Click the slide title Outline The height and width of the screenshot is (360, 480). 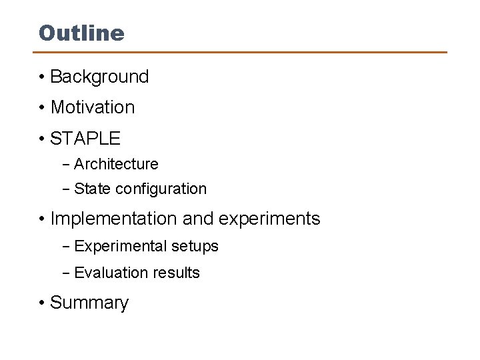[81, 33]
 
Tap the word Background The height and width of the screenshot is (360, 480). [99, 77]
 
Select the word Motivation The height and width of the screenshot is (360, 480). [93, 107]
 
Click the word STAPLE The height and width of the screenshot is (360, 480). [85, 139]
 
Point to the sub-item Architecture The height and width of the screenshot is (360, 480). [116, 164]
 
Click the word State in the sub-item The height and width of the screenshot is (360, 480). [93, 189]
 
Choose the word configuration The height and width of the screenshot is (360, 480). [161, 189]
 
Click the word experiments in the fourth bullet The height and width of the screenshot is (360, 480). [269, 219]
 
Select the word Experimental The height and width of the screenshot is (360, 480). [121, 247]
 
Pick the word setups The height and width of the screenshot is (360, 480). [195, 247]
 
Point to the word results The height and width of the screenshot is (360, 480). [175, 273]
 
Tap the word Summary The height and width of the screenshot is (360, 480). [89, 303]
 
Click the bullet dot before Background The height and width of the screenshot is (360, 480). [41, 77]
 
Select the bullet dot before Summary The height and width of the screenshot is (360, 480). [41, 303]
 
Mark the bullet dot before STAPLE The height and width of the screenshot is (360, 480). [41, 139]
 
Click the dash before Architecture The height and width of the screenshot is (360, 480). [66, 165]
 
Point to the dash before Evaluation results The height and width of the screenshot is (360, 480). [66, 273]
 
